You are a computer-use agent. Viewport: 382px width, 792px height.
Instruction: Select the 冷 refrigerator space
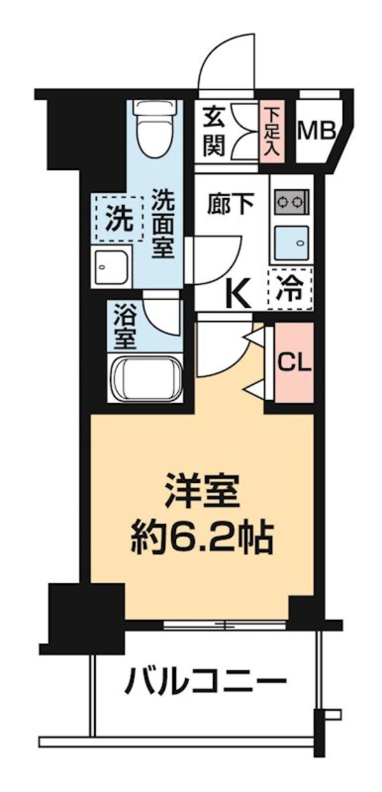point(290,289)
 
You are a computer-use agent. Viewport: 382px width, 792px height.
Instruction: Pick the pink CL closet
point(294,363)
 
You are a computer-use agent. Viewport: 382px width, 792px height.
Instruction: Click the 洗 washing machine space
point(119,219)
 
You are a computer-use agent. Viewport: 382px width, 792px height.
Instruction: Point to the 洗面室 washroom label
point(163,224)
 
